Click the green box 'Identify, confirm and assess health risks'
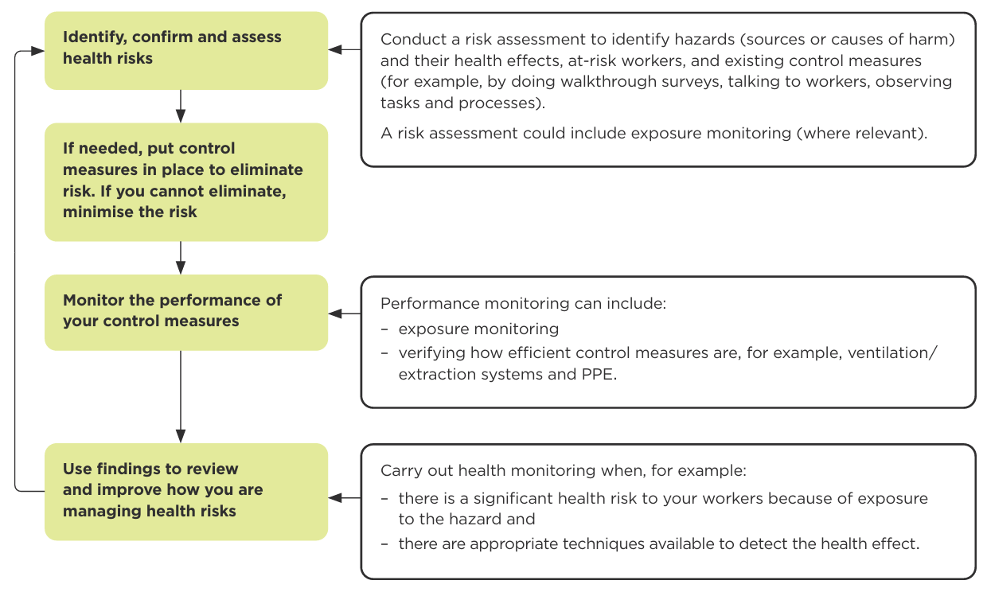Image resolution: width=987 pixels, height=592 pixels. (186, 49)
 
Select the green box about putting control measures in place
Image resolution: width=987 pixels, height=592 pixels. (186, 181)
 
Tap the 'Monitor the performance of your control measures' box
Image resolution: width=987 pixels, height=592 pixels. (186, 311)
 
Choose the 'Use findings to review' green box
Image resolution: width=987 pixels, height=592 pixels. (186, 491)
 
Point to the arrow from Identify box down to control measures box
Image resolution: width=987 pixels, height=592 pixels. (181, 106)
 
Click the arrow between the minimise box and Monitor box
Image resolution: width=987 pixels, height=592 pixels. (181, 258)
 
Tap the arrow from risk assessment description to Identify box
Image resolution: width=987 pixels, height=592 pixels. (345, 49)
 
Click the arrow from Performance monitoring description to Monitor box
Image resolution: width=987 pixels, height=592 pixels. (345, 314)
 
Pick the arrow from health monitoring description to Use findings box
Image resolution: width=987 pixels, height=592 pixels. (345, 497)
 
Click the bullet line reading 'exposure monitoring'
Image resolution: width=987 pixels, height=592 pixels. (478, 329)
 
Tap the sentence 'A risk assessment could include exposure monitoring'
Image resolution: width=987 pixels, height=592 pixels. (653, 133)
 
